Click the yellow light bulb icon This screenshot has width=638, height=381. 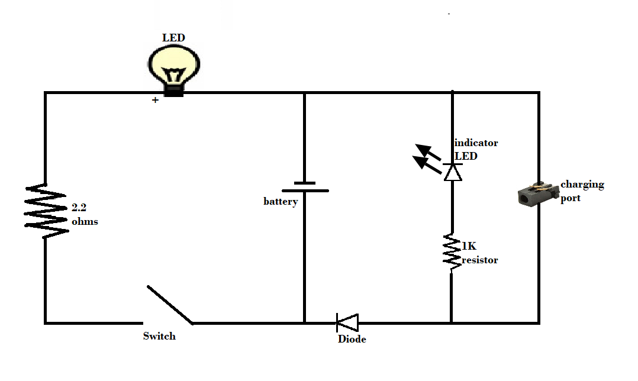(174, 65)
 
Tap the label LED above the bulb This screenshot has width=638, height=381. (173, 38)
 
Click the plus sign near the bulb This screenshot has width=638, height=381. (155, 101)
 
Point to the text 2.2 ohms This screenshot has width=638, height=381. (85, 215)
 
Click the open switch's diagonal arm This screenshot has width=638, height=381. (169, 305)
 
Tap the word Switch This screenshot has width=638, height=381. (159, 336)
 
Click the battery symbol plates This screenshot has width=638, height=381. (305, 187)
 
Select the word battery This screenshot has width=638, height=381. (281, 202)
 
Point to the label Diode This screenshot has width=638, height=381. (352, 340)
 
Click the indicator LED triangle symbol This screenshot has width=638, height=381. (453, 172)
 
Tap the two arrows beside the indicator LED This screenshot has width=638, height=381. (428, 157)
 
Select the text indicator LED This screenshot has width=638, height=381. (475, 150)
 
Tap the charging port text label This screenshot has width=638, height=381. (582, 190)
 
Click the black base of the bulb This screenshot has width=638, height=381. (174, 89)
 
